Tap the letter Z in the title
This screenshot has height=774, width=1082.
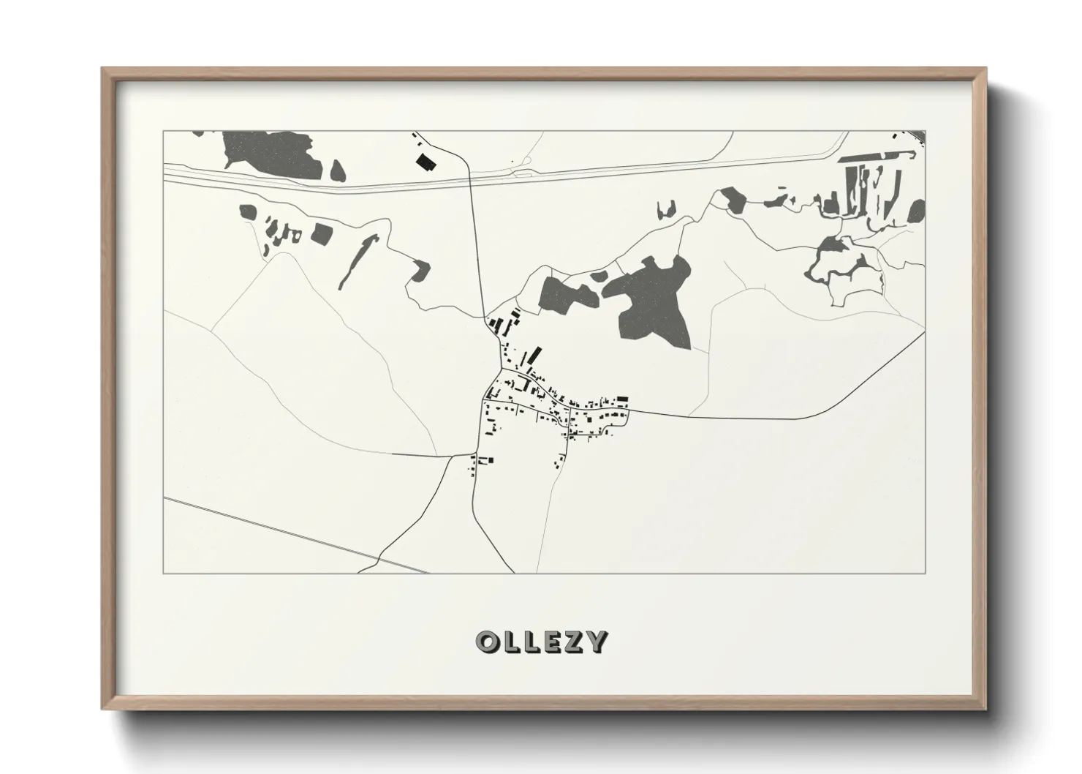click(574, 642)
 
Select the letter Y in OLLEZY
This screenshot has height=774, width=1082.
click(597, 642)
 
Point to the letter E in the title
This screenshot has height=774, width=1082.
click(552, 642)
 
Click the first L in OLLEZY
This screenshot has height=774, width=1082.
click(510, 642)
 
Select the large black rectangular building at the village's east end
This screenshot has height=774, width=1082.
click(622, 399)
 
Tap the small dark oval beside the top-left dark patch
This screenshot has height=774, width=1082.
click(337, 171)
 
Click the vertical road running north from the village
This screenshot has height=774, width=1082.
click(477, 241)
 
